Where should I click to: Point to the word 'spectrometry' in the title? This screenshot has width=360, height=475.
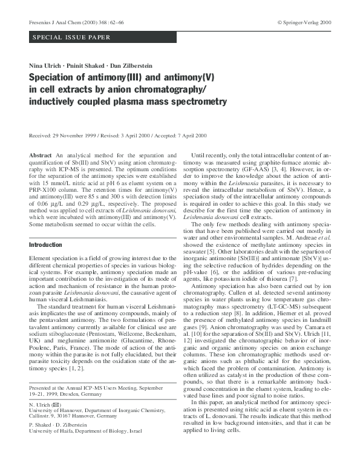[x=193, y=100]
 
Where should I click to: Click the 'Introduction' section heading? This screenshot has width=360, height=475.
[x=45, y=244]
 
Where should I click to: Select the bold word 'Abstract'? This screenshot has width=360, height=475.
[x=42, y=156]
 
